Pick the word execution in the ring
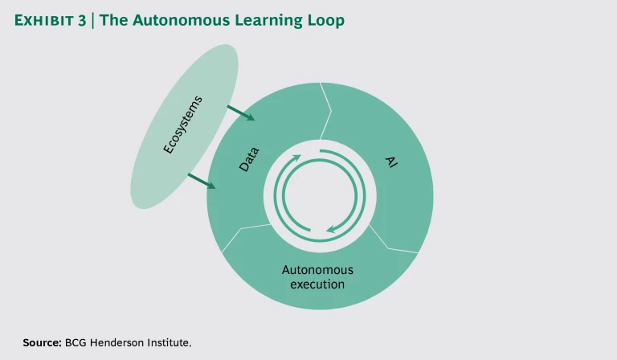coord(319,284)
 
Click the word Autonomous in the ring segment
coord(319,270)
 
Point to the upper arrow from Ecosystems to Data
coord(241,112)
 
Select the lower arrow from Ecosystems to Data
coord(202,182)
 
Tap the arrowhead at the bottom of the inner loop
coord(330,230)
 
